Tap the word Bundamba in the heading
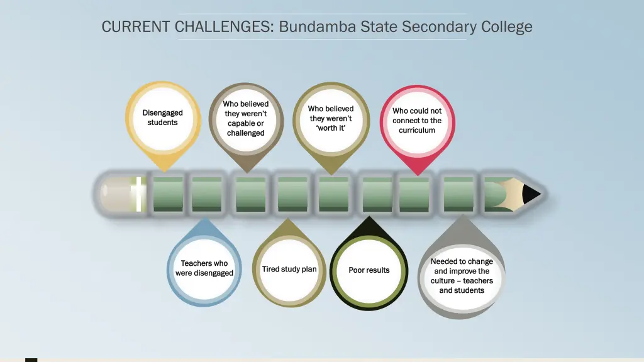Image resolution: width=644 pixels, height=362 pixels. [318, 27]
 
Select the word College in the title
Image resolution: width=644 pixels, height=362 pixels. [506, 27]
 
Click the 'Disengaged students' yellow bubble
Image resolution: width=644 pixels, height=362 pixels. [163, 118]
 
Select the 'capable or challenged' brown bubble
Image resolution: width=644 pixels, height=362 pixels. [246, 119]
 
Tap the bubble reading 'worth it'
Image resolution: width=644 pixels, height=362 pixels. [331, 119]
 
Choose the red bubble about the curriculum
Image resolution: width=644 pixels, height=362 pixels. [417, 121]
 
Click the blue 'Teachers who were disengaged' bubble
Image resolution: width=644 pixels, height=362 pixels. [204, 268]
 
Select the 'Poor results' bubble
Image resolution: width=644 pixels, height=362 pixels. [369, 271]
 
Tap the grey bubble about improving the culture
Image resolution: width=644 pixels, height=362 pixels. [462, 276]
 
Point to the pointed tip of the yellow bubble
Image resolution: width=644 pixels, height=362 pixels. [164, 170]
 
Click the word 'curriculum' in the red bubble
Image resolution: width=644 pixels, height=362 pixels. [417, 131]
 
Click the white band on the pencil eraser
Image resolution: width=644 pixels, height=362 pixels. [138, 194]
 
